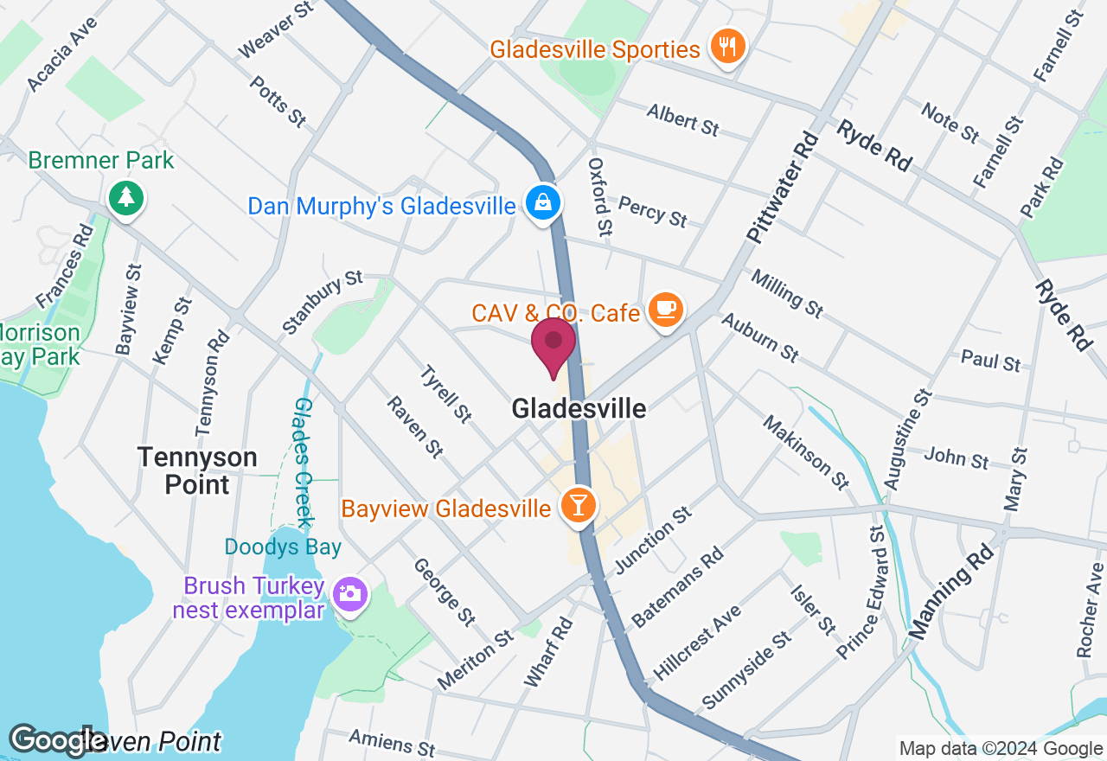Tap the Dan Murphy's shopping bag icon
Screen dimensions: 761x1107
(542, 204)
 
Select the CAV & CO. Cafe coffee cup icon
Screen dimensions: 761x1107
(665, 309)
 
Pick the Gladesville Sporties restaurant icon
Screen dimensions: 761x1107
(727, 46)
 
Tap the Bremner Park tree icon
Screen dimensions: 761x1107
(126, 198)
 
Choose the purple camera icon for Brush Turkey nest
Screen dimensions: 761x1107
(350, 594)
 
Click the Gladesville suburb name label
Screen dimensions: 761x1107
(579, 408)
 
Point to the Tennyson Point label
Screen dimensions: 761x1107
(198, 470)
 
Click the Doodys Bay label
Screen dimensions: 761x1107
(283, 547)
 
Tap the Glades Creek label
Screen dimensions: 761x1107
(302, 463)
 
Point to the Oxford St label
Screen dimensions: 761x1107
(600, 196)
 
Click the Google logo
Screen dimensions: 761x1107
(57, 740)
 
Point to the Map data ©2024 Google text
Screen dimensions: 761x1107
(1001, 749)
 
